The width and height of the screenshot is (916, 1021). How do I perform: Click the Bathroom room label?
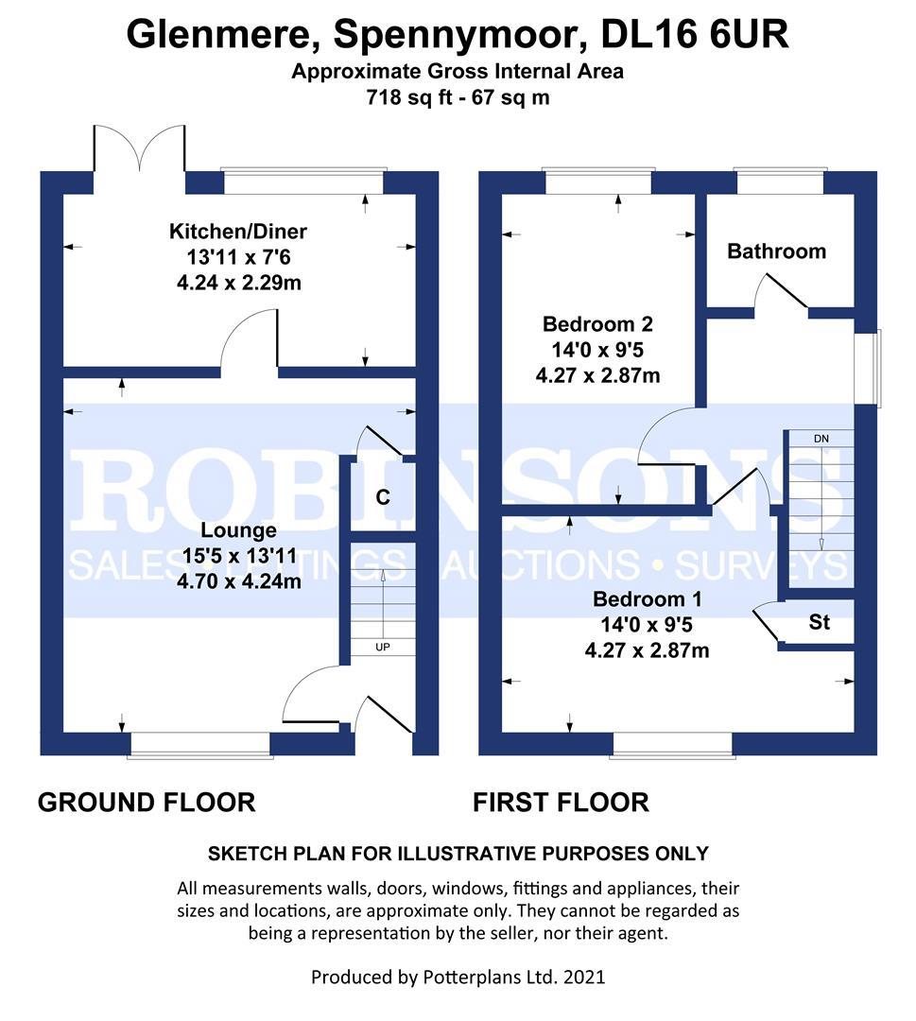[x=776, y=251]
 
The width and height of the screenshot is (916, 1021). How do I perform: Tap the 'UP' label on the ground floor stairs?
[x=383, y=648]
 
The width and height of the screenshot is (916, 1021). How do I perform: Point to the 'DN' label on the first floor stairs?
[x=820, y=439]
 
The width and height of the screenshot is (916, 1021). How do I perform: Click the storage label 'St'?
[x=819, y=623]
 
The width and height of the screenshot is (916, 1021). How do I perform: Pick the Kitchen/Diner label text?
[x=238, y=232]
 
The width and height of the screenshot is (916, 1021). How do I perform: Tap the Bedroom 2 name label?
[x=597, y=324]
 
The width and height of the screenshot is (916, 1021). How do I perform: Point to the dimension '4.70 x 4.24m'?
[x=238, y=581]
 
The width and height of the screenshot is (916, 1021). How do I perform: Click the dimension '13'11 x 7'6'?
[x=238, y=257]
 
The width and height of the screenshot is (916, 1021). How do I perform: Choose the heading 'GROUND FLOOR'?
[x=147, y=803]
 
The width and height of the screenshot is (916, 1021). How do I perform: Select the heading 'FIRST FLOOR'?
[x=561, y=803]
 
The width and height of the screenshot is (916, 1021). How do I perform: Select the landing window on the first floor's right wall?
[x=868, y=369]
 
